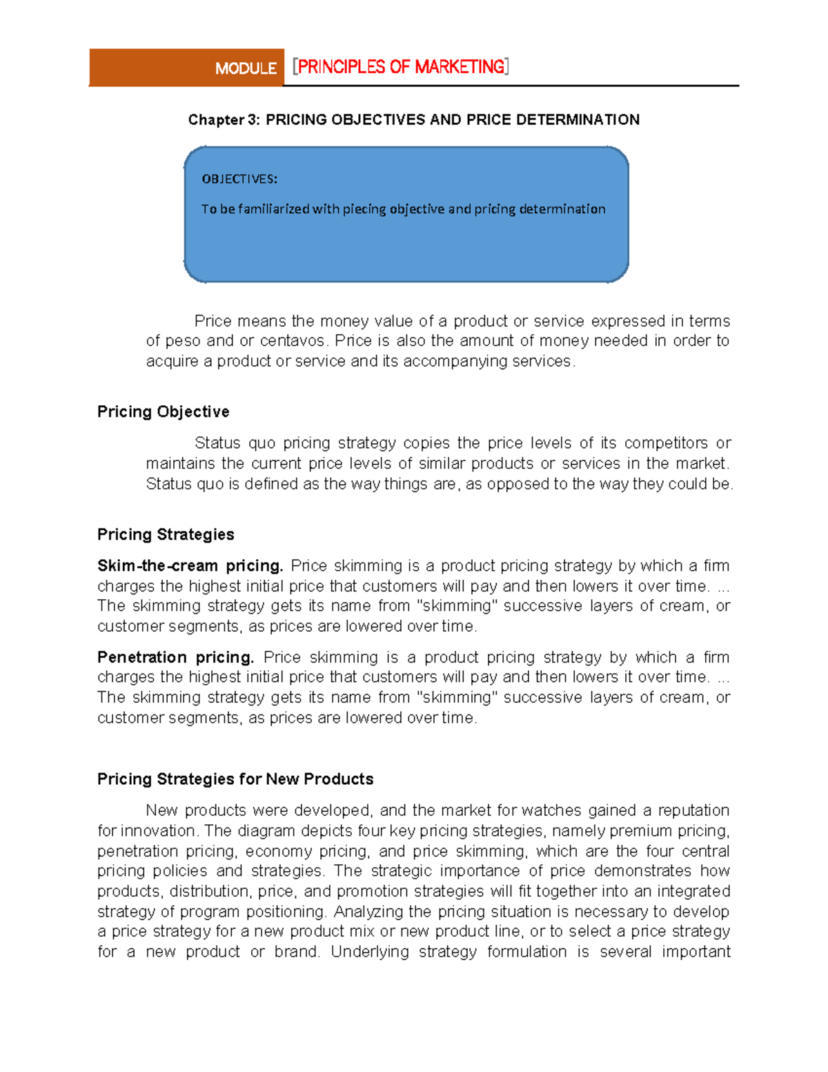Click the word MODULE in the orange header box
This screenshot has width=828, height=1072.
pyautogui.click(x=246, y=68)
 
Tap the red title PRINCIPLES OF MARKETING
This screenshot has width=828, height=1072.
pyautogui.click(x=401, y=67)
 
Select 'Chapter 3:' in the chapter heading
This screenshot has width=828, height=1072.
pyautogui.click(x=224, y=120)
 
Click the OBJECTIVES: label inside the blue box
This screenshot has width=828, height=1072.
pyautogui.click(x=239, y=179)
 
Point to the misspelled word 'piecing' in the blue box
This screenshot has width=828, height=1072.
pyautogui.click(x=364, y=209)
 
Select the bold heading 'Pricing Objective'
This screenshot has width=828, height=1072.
pyautogui.click(x=163, y=412)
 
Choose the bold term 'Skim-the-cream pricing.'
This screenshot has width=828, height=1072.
pyautogui.click(x=190, y=566)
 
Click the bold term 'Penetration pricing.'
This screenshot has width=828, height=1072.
pyautogui.click(x=176, y=657)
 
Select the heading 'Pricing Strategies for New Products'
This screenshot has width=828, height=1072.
pyautogui.click(x=235, y=779)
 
